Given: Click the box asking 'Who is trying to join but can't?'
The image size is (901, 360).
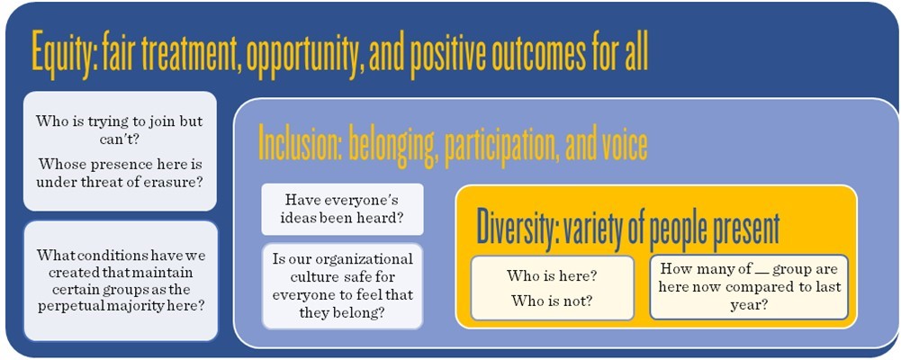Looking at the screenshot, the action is (x=120, y=151).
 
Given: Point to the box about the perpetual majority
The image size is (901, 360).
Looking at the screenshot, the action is (x=121, y=281).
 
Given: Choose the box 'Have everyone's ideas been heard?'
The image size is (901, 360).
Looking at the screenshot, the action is (x=342, y=209).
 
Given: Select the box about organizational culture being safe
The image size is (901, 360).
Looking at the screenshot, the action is (x=342, y=286).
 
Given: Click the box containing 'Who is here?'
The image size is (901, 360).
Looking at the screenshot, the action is (x=552, y=288).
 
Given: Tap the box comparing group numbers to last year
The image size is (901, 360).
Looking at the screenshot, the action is (x=749, y=286).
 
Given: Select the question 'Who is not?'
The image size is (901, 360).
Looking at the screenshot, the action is (x=552, y=301).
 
